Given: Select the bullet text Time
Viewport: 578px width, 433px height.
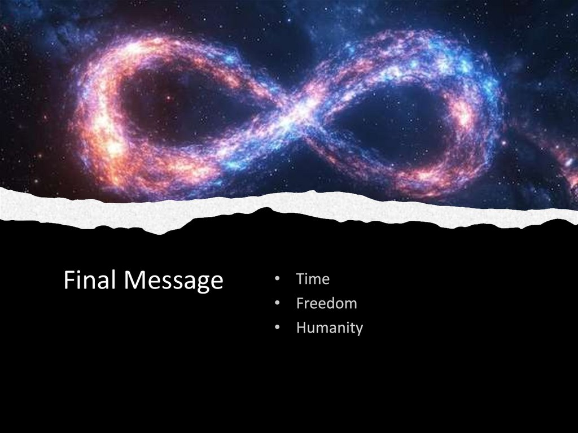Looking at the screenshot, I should click(x=313, y=279).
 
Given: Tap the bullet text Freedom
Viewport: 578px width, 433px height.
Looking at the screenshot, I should click(x=326, y=303).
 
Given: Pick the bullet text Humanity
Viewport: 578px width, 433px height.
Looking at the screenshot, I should click(x=329, y=327).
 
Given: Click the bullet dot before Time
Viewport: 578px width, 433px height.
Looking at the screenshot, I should click(x=277, y=279).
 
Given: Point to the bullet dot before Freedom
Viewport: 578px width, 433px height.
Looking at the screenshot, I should click(x=277, y=304).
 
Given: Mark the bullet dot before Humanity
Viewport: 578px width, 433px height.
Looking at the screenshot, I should click(x=277, y=328).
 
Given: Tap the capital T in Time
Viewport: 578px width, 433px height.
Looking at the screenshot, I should click(x=300, y=279).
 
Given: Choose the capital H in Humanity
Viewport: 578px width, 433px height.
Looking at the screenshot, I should click(x=301, y=327).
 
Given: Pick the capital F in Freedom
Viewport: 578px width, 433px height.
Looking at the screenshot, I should click(x=300, y=303).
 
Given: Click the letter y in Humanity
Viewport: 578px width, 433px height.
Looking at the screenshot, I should click(x=358, y=330).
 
